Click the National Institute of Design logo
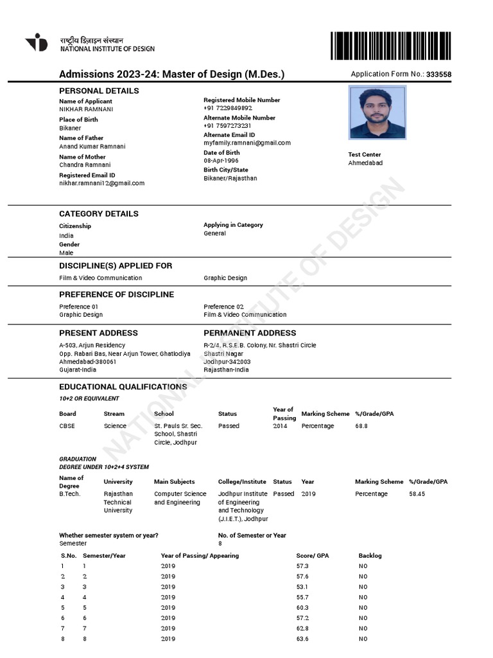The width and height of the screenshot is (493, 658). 37,42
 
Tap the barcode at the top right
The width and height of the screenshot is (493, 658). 391,46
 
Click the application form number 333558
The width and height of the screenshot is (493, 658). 438,75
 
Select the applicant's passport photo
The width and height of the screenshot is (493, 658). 377,112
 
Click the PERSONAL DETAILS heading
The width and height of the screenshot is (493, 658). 99,91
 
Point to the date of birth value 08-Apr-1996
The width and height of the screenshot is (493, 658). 221,161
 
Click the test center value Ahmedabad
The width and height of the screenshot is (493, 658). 365,163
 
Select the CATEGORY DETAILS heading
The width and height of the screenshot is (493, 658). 99,213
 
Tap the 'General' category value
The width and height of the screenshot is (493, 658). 214,233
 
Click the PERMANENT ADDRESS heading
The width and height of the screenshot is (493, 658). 250,333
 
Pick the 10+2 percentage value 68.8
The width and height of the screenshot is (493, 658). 361,426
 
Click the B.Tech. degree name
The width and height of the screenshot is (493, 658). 70,494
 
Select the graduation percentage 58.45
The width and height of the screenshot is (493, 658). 417,494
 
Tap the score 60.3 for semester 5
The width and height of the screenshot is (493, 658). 302,607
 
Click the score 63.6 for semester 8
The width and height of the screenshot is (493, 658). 302,639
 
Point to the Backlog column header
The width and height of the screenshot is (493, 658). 370,555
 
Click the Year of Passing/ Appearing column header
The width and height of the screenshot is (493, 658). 200,555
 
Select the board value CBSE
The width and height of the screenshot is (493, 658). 67,426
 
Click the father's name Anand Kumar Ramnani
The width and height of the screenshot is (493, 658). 92,147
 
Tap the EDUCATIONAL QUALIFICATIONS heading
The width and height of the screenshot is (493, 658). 123,387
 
